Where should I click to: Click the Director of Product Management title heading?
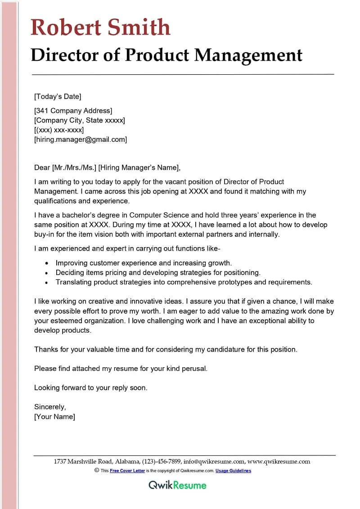pyautogui.click(x=166, y=55)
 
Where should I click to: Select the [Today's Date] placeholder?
pyautogui.click(x=58, y=96)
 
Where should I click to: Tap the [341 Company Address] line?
pyautogui.click(x=73, y=111)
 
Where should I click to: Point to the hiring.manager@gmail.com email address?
pyautogui.click(x=81, y=140)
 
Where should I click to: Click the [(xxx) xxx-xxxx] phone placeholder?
pyautogui.click(x=59, y=130)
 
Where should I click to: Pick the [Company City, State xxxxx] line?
pyautogui.click(x=80, y=120)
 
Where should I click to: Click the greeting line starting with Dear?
pyautogui.click(x=107, y=168)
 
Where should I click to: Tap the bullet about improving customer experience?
pyautogui.click(x=144, y=263)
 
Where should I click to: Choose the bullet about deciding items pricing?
pyautogui.click(x=158, y=272)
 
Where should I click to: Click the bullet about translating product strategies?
pyautogui.click(x=184, y=282)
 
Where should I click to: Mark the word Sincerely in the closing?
pyautogui.click(x=50, y=407)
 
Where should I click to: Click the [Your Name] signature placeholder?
pyautogui.click(x=55, y=417)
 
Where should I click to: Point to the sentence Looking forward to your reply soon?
pyautogui.click(x=91, y=387)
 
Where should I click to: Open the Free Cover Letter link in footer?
pyautogui.click(x=127, y=471)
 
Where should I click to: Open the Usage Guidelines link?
pyautogui.click(x=233, y=471)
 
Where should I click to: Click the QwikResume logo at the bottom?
pyautogui.click(x=178, y=485)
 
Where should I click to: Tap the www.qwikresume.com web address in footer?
pyautogui.click(x=279, y=461)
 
